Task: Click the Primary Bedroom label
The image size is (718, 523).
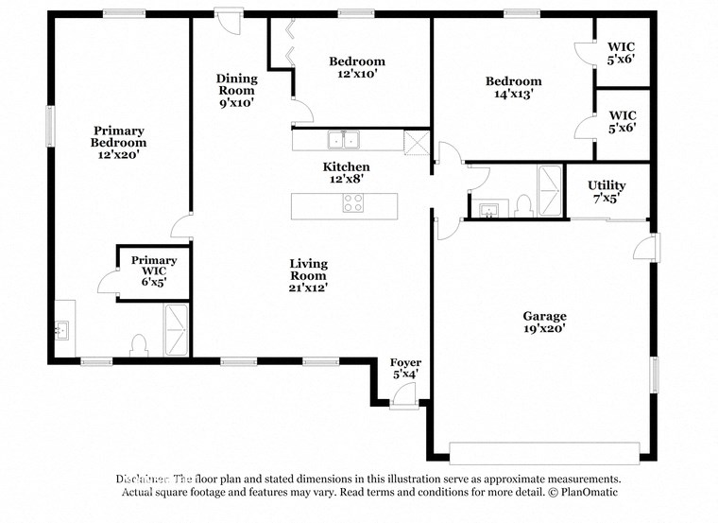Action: pos(118,142)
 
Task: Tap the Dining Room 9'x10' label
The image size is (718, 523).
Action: pos(236,90)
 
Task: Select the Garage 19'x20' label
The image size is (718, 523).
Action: pos(545,323)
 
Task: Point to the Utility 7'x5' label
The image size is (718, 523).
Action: pos(606,192)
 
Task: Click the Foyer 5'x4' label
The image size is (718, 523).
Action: pos(406,369)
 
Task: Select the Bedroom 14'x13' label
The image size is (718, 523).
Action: pos(515,87)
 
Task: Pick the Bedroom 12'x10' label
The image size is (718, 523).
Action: pos(356,67)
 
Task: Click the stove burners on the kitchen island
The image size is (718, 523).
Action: pos(353,203)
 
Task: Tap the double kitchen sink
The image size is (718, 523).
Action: pos(342,141)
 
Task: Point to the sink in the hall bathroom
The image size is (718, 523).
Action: pos(489,209)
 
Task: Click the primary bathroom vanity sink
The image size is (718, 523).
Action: pos(63,330)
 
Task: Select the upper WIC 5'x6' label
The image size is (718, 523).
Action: pos(621,52)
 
